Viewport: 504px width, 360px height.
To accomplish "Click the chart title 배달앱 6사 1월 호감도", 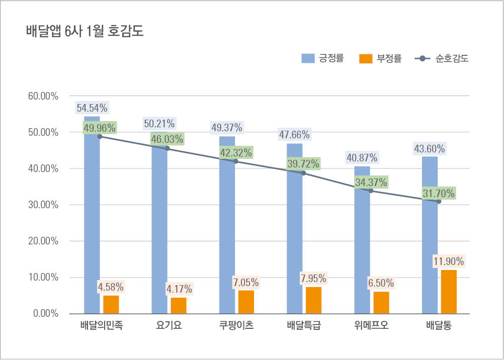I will click(85, 31).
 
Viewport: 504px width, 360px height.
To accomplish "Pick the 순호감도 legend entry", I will click(443, 59).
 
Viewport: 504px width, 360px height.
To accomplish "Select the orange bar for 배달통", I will click(449, 292).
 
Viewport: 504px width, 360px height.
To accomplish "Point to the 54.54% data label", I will click(92, 108).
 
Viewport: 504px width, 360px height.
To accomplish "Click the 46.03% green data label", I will click(167, 139).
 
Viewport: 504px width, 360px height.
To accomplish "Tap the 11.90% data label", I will click(449, 261).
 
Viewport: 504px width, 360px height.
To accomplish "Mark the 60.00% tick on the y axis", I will click(45, 96).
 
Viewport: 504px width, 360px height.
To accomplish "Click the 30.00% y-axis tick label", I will click(45, 205).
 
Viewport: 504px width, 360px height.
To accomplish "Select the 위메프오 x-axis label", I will click(371, 325).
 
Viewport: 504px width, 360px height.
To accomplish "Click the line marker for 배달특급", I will click(303, 173).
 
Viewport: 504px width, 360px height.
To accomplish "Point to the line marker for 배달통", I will click(439, 201).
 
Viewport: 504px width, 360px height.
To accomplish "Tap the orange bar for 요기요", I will click(179, 305).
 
